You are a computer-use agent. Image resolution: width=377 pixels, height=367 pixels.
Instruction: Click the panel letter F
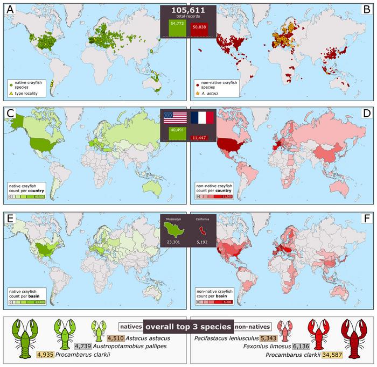367,220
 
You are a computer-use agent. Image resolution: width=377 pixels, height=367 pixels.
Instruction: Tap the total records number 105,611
188,10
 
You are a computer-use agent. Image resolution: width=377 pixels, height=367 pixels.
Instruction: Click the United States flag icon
176,118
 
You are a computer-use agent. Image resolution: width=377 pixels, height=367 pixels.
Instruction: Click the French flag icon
202,118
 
